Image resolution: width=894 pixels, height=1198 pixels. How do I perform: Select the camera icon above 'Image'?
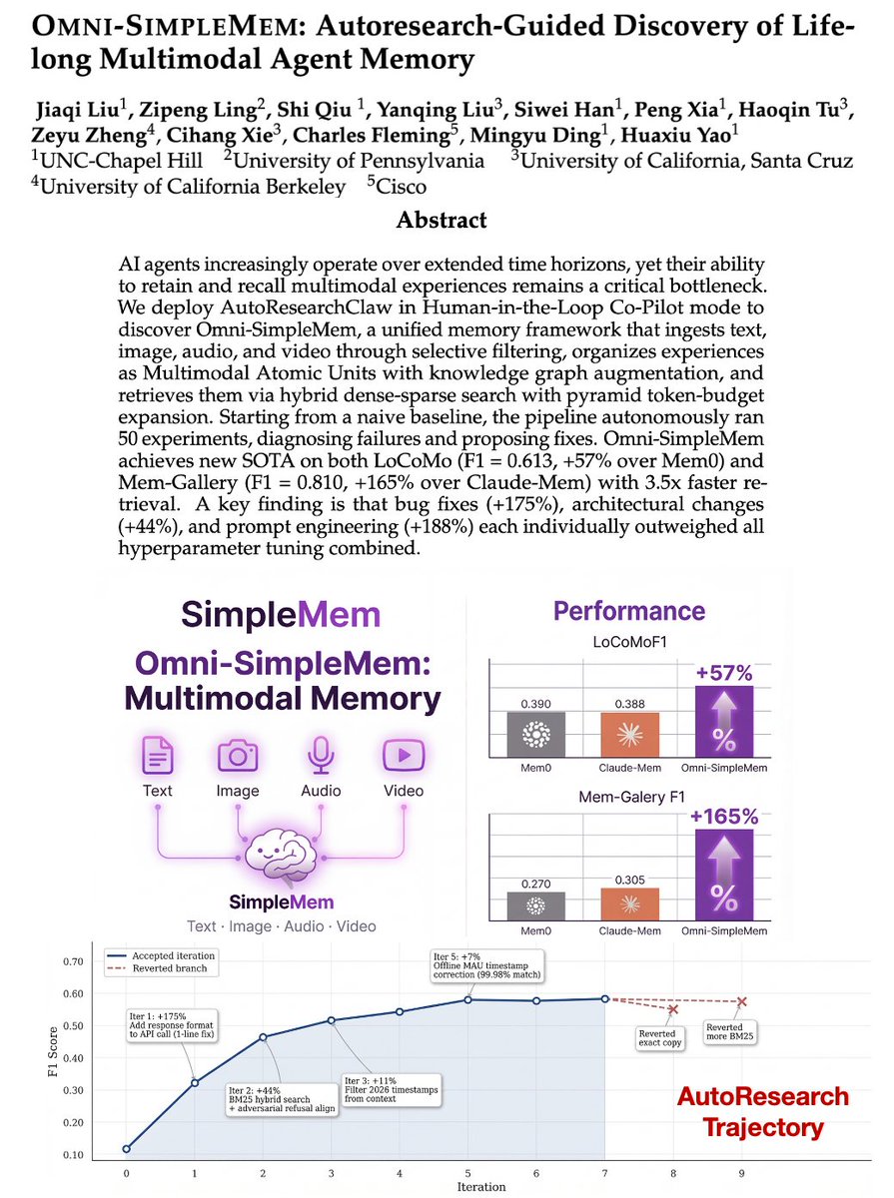click(239, 757)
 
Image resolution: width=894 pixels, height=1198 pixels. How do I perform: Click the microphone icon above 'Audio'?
click(320, 757)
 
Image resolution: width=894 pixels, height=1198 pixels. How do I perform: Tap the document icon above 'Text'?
click(157, 757)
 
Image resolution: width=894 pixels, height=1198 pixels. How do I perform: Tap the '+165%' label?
click(724, 817)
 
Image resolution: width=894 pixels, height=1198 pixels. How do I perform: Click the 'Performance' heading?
click(628, 611)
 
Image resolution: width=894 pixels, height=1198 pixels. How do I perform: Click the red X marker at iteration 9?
click(741, 1001)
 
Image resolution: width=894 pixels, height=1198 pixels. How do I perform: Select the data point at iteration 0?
click(126, 1149)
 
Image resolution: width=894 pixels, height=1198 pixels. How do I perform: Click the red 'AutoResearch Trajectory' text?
click(762, 1111)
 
